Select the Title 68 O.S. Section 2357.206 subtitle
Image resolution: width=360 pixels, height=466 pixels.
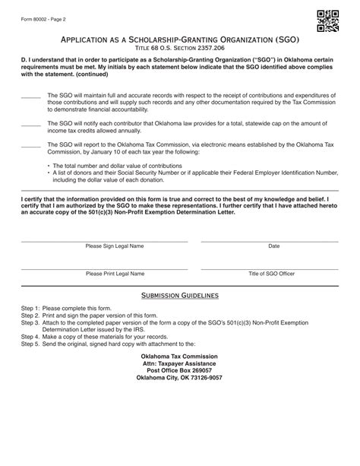179,48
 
